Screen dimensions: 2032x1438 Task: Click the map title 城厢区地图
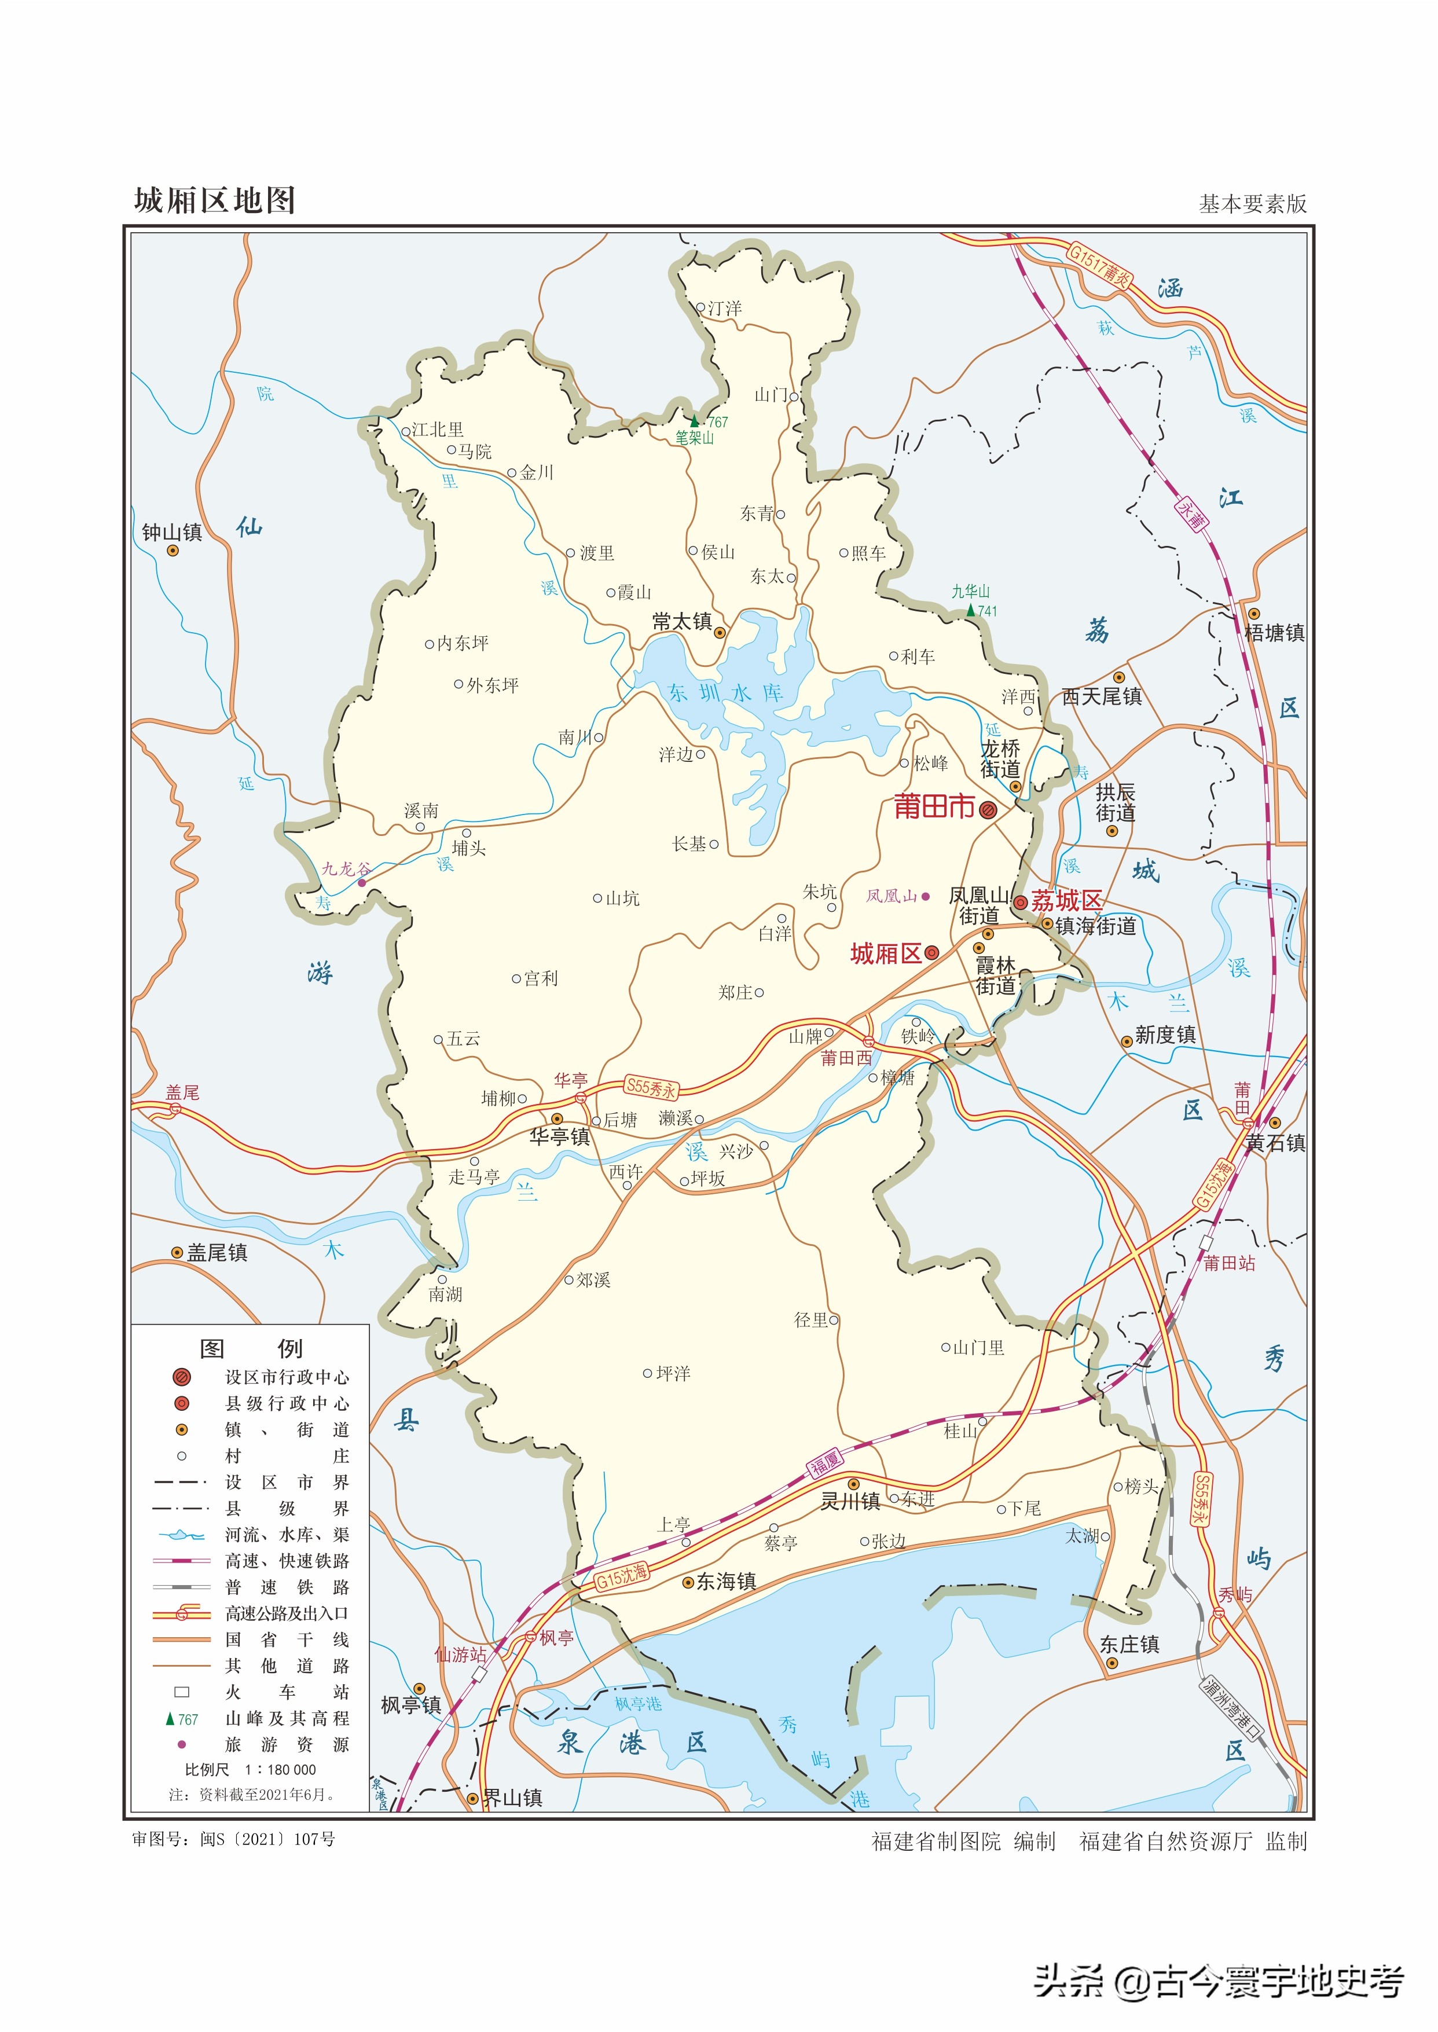coord(214,201)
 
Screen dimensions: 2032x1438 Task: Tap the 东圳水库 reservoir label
coord(725,694)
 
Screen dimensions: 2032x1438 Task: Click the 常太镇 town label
coord(682,622)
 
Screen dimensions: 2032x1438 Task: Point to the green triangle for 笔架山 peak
coord(695,421)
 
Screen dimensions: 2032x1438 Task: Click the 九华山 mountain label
coord(970,592)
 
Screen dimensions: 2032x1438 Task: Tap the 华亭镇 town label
coord(560,1137)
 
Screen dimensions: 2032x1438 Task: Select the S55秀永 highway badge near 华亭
coord(651,1088)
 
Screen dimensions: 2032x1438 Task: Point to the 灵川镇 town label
coord(849,1501)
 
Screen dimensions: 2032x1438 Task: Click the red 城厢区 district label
coord(886,953)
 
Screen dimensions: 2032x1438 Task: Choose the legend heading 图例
coord(251,1348)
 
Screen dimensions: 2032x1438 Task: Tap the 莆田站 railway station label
coord(1229,1263)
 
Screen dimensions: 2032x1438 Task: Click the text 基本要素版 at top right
coord(1252,204)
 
